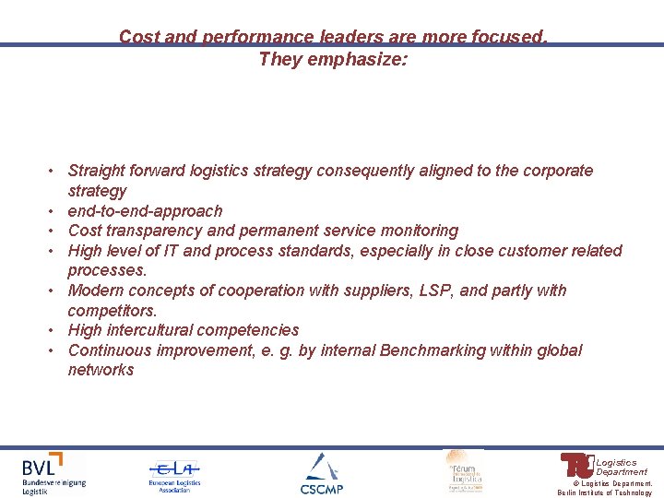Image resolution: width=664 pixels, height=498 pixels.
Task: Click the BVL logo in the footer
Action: click(x=53, y=472)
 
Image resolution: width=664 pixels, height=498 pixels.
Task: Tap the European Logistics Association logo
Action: click(x=174, y=476)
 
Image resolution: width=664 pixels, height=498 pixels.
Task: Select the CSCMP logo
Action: click(x=321, y=473)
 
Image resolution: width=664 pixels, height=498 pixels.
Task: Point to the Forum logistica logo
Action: click(x=463, y=470)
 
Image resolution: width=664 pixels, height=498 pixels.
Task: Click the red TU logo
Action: click(x=576, y=465)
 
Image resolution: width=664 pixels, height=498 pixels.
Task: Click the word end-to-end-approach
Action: click(x=145, y=211)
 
